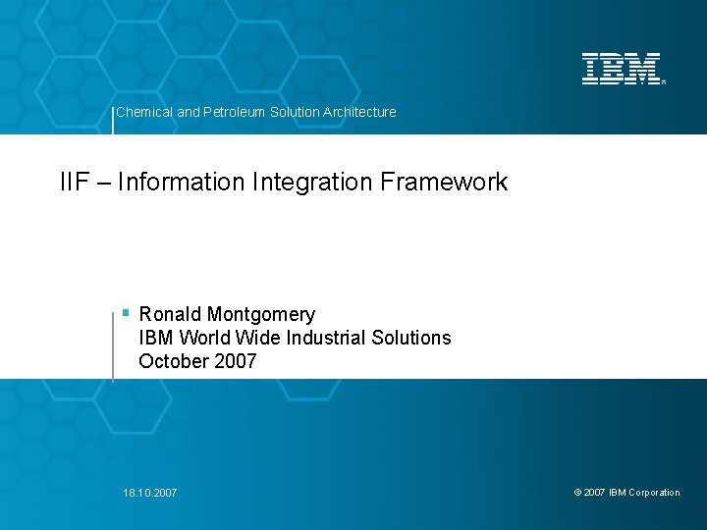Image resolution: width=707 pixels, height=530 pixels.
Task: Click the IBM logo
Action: pos(623,69)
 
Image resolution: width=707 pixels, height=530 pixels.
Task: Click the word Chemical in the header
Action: pos(143,112)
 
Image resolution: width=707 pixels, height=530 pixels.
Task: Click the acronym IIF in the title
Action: pos(74,182)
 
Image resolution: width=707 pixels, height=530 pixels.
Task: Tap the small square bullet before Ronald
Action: pos(126,313)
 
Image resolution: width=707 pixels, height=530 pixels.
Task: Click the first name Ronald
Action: pos(170,314)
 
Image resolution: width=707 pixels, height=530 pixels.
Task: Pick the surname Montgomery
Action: pos(261,315)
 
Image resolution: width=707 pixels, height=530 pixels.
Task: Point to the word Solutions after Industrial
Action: pos(412,338)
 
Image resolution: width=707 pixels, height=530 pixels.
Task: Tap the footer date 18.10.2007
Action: pos(151,493)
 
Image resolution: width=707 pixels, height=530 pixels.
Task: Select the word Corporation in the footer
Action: pos(654,493)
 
